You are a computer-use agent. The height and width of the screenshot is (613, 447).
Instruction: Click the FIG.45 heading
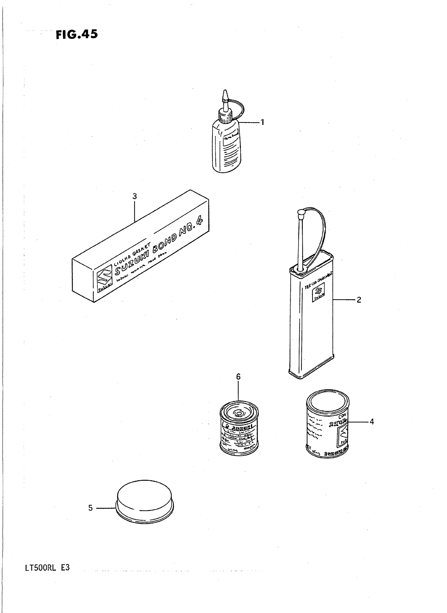point(77,35)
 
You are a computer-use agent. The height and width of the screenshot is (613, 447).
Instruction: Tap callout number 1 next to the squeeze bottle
point(262,122)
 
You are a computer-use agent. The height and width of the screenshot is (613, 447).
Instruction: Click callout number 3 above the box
point(134,196)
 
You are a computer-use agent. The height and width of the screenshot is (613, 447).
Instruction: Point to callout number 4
point(372,421)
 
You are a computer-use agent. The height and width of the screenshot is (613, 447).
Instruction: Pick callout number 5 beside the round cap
point(90,508)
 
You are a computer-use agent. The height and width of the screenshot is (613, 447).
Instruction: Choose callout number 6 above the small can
point(238,377)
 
